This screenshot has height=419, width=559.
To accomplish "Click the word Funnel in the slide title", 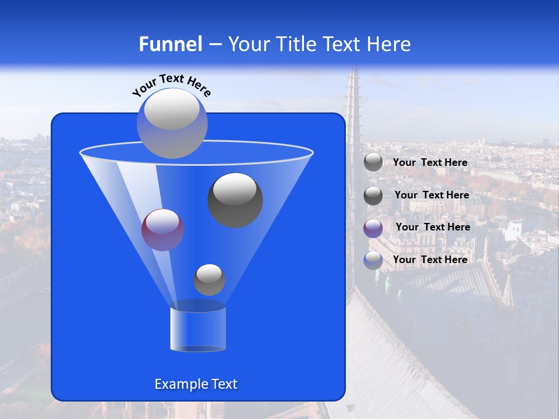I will (x=171, y=44).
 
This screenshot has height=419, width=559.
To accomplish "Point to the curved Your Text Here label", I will (x=172, y=84).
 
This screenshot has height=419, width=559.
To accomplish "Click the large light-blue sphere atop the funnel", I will (x=172, y=123).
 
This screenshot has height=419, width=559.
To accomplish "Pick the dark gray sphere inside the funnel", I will (x=235, y=200).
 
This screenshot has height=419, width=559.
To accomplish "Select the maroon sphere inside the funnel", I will (x=163, y=230).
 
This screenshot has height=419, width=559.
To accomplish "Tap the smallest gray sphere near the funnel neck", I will (x=209, y=280).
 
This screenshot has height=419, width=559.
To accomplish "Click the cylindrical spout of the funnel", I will (x=198, y=329).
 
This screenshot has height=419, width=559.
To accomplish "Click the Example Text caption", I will (x=196, y=384).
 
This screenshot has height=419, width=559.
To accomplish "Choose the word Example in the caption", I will (x=179, y=384).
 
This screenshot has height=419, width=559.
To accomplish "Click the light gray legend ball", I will (x=373, y=162).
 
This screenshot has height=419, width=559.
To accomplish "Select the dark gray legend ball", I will (x=373, y=196).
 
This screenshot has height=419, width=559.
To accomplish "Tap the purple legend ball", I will (x=373, y=228).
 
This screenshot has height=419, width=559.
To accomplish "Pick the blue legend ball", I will (x=373, y=260).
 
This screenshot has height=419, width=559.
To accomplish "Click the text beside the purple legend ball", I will (x=433, y=227).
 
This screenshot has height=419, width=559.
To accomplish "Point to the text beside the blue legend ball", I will (x=430, y=260).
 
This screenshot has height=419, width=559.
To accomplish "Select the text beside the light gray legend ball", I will (x=430, y=162).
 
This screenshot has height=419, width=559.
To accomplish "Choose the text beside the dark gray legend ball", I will (x=431, y=195).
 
